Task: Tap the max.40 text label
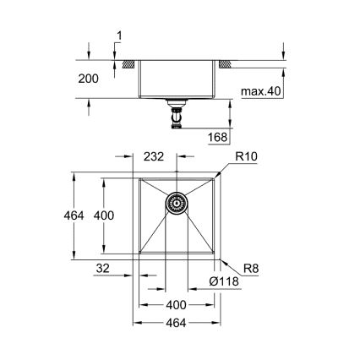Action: pos(261,90)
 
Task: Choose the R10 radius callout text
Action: pos(247,157)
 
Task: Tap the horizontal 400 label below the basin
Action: pos(176,305)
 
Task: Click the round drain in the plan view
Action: pos(177,203)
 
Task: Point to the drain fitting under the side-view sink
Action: pos(177,113)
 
